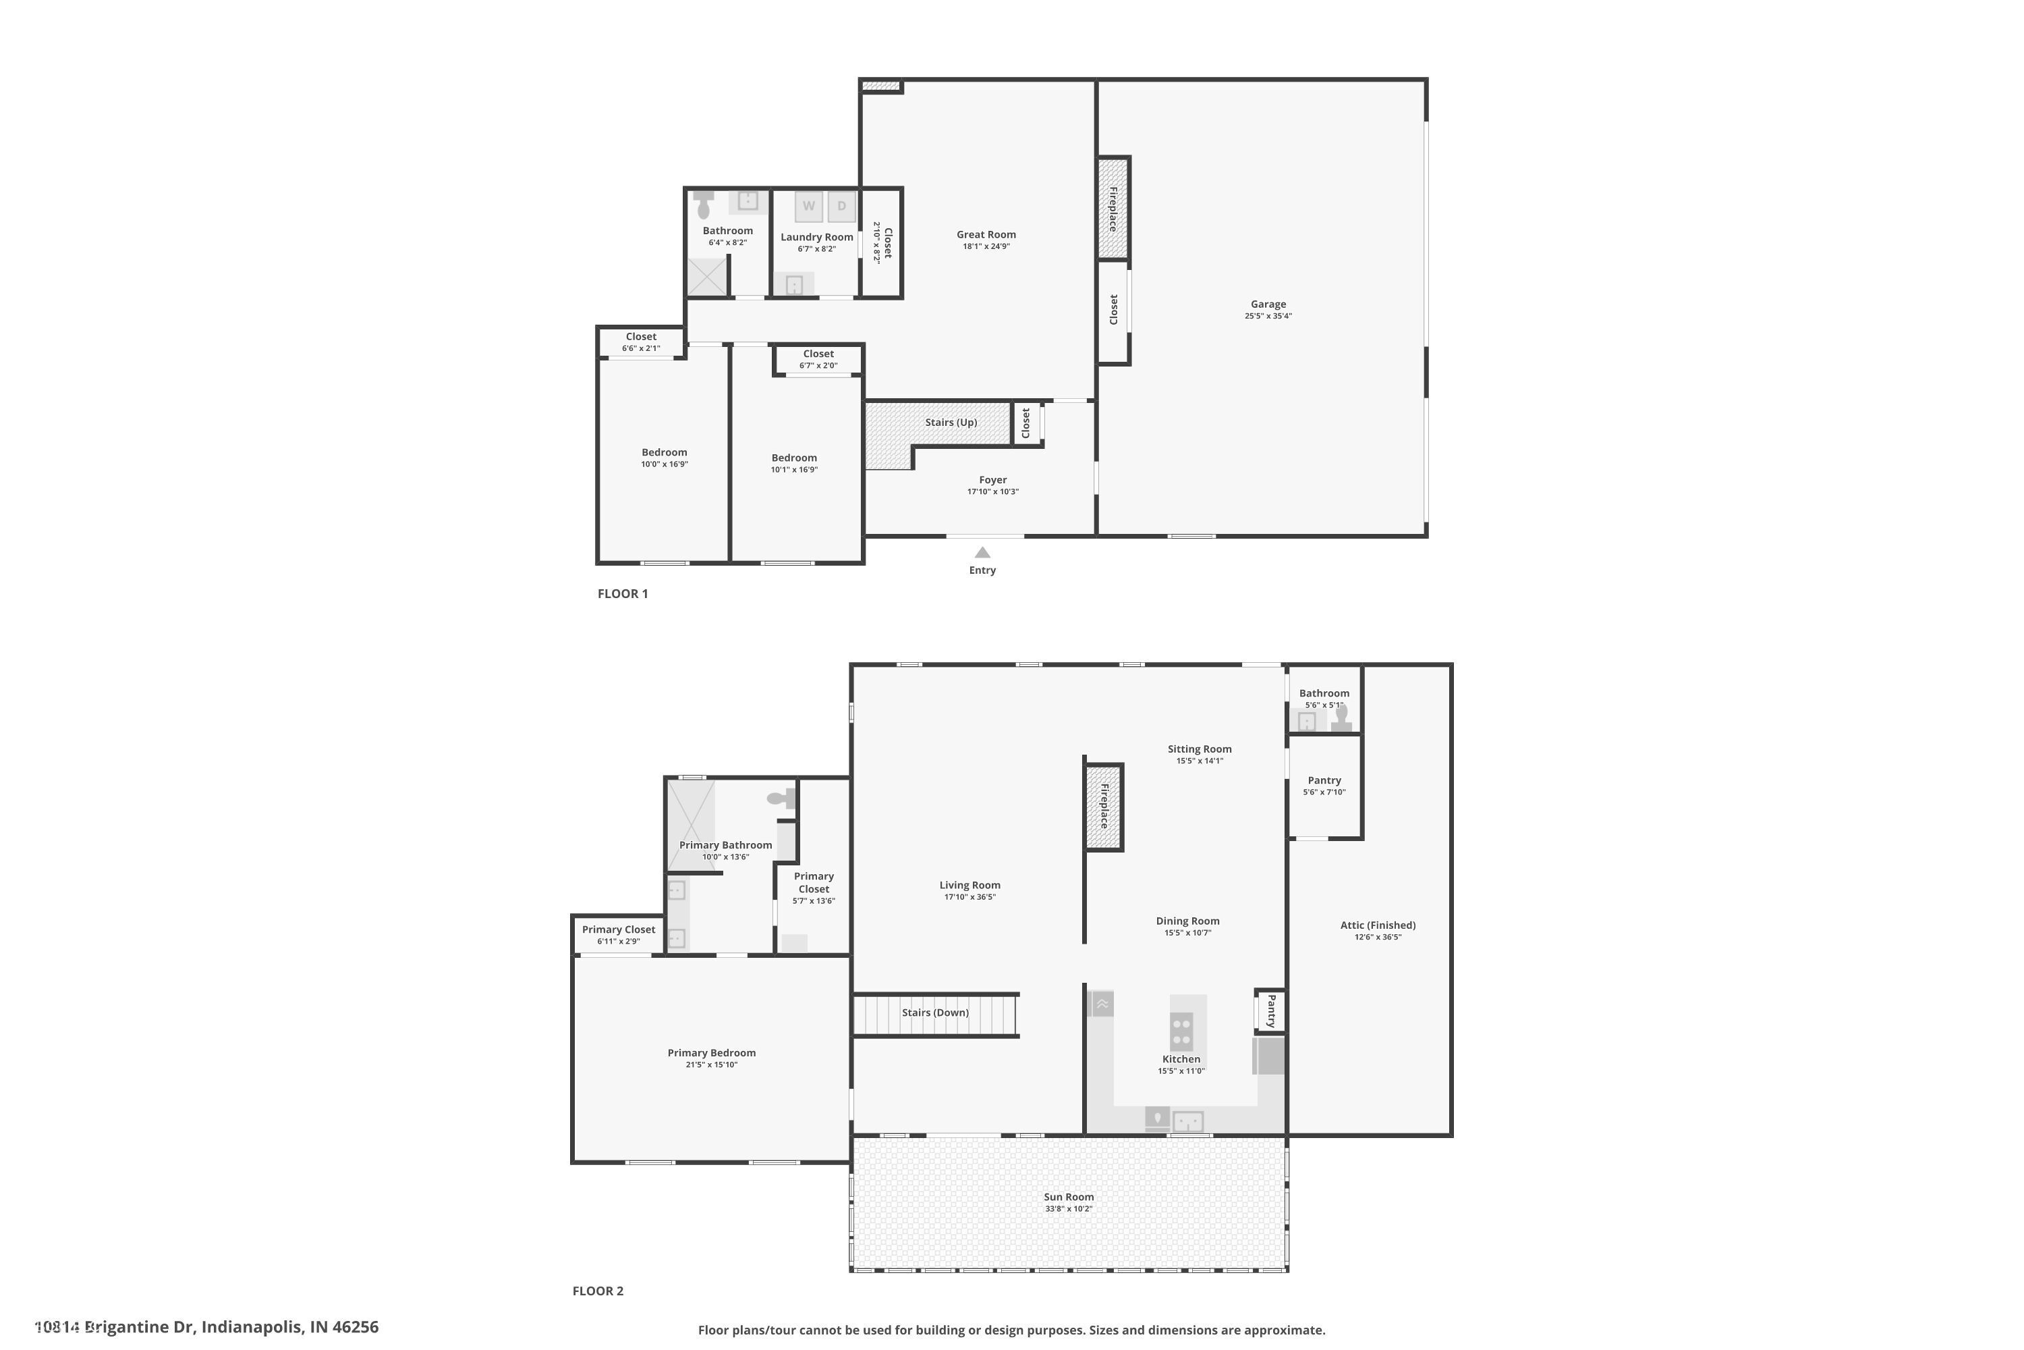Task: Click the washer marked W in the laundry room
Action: coord(808,206)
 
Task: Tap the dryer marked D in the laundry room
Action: coord(841,206)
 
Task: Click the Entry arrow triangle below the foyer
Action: coord(982,553)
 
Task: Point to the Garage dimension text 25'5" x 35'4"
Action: coord(1268,316)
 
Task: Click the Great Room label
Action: coord(986,234)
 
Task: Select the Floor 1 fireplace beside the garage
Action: coord(1113,209)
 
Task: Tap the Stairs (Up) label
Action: coord(951,423)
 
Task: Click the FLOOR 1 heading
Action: coord(623,593)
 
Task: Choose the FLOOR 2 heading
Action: coord(598,1291)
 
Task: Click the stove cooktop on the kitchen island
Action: coord(1181,1031)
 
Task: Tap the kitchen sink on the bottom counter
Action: coord(1187,1122)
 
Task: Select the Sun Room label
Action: coord(1069,1197)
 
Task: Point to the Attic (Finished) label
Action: coord(1378,925)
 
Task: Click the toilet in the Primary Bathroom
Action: coord(782,800)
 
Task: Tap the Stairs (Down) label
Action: coord(935,1013)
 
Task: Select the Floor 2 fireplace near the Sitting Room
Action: coord(1104,807)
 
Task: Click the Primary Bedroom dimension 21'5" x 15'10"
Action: coord(712,1065)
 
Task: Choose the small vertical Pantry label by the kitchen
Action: coord(1271,1010)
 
